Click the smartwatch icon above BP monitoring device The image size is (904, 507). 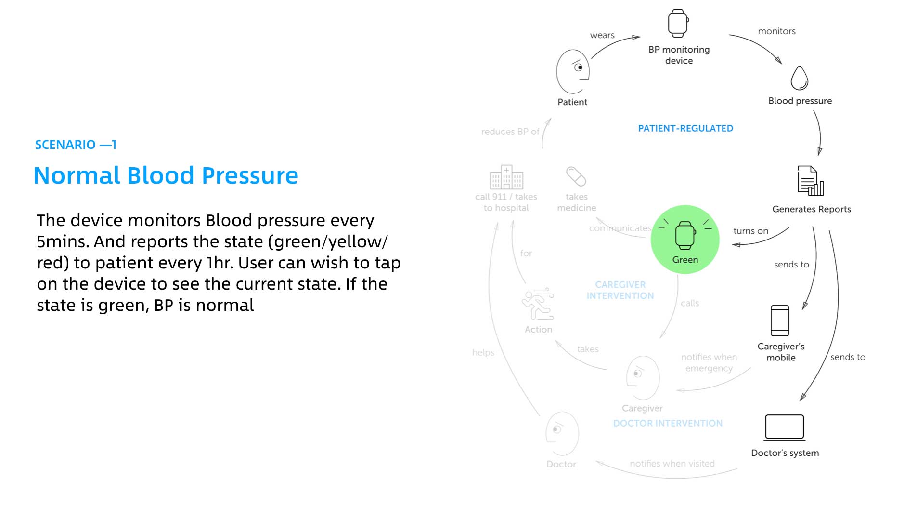pos(678,23)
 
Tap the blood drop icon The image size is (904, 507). pos(799,78)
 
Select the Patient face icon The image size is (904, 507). pos(573,72)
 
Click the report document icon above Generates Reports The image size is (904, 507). pos(810,181)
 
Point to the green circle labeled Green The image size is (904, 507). pos(685,240)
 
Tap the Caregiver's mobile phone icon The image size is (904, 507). pos(780,320)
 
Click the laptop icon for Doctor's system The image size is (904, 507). pos(785,427)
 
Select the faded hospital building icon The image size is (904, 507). pos(506,177)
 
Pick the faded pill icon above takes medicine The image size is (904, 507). pos(576,176)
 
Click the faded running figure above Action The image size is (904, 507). pos(538,304)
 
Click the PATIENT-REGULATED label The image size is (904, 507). pos(685,128)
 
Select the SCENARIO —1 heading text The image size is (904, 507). pos(76,145)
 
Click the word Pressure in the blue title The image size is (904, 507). pos(250,175)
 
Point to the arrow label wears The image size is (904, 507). pos(602,35)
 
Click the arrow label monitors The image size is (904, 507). pos(776,31)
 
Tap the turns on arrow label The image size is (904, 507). pos(750,231)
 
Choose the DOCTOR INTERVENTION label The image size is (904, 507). pos(668,423)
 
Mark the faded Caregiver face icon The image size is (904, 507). pos(643,378)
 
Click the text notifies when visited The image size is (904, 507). pos(672,464)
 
